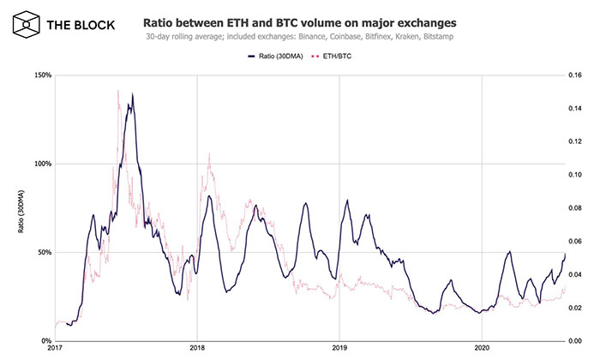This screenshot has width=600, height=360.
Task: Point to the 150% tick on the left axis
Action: [x=42, y=75]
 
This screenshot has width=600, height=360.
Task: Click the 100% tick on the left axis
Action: [x=42, y=164]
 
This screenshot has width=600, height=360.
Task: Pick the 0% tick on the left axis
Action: [x=45, y=340]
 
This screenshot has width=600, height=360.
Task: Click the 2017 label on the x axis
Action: [x=55, y=350]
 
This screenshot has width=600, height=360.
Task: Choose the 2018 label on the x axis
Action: [x=197, y=350]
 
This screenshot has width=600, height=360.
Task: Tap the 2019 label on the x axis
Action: [x=339, y=350]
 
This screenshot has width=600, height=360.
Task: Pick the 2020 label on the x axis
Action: [x=483, y=350]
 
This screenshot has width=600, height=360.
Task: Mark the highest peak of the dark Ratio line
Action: [x=132, y=94]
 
